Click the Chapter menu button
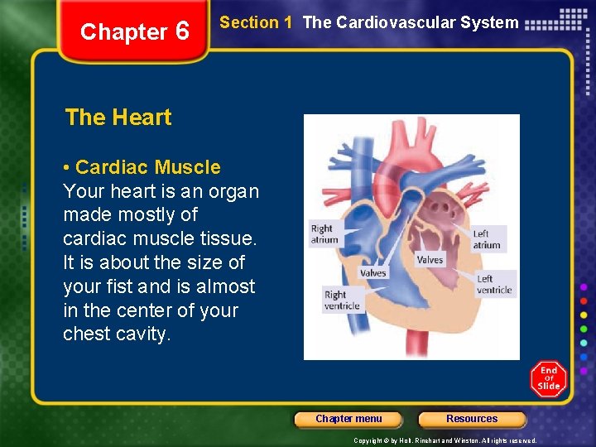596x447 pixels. [x=348, y=419]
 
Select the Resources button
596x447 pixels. [x=472, y=419]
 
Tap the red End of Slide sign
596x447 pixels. [x=548, y=378]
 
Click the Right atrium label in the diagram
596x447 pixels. [x=324, y=234]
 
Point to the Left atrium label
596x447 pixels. [x=487, y=239]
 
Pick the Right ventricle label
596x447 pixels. [x=341, y=300]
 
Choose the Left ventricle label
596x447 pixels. [x=494, y=284]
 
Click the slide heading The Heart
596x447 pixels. [x=118, y=118]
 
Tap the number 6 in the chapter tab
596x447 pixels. [x=182, y=32]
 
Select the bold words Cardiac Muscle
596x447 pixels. [x=148, y=167]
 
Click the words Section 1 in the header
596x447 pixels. [x=256, y=23]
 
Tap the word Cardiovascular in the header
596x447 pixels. [x=384, y=23]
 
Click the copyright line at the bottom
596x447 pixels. [x=445, y=440]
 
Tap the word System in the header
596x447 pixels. [x=492, y=23]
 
